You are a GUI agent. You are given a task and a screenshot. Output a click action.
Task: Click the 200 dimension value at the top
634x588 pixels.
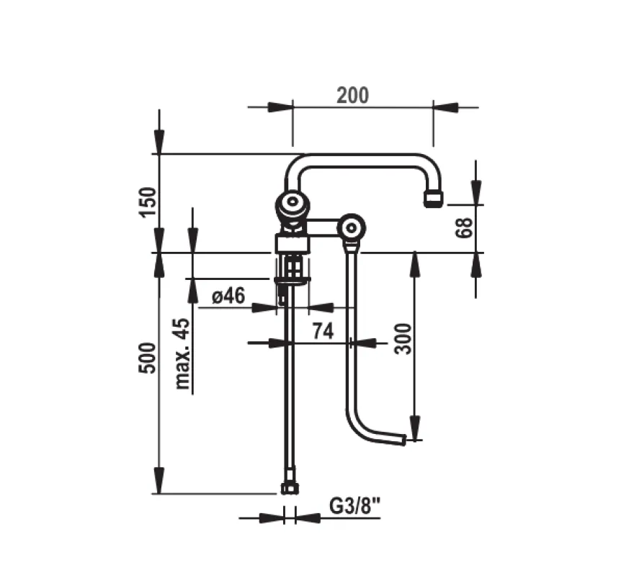pos(352,96)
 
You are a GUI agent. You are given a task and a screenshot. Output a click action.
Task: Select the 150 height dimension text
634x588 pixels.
pos(147,202)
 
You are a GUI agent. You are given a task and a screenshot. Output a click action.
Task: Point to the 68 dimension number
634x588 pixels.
pos(464,227)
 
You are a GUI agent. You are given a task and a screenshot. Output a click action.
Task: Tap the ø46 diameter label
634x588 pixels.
pos(228,296)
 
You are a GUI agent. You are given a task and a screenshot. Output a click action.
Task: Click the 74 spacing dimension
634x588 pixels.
pos(323,331)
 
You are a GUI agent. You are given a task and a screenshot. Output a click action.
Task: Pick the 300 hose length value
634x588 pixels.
pos(403,338)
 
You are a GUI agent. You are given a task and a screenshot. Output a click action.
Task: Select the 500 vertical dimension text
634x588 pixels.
pos(147,358)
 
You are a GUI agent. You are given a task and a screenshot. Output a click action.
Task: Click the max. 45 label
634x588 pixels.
pos(182,354)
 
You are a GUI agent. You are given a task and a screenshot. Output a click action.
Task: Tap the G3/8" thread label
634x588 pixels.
pos(355,506)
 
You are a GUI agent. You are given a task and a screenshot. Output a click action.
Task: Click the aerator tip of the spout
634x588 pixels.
pos(434,199)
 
